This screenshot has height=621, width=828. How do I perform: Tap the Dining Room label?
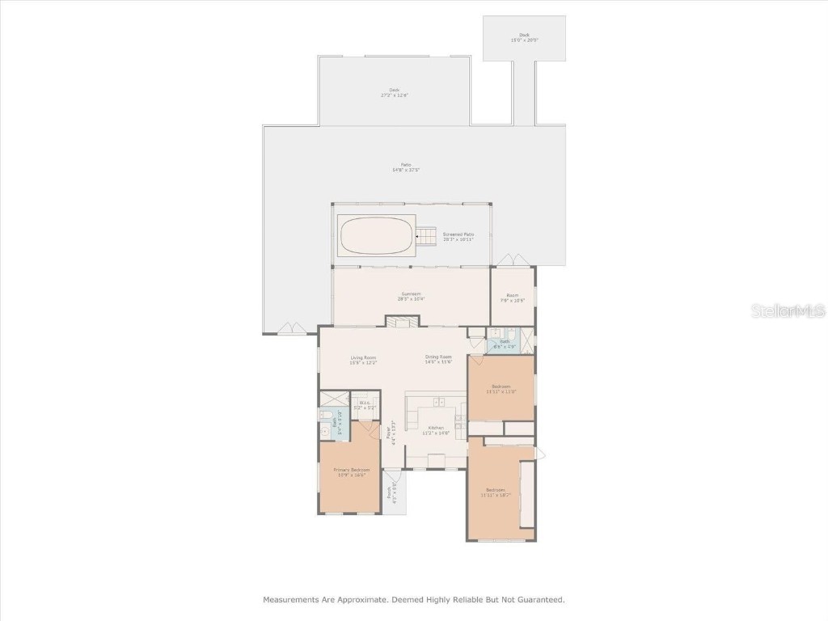pos(438,359)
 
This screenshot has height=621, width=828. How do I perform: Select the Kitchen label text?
pos(436,429)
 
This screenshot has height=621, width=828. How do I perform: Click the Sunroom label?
pos(412,296)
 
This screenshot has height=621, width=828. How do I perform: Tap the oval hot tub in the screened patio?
pos(376,235)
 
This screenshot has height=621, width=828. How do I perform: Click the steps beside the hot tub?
pos(425,237)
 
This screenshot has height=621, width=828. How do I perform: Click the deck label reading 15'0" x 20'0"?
pos(524,37)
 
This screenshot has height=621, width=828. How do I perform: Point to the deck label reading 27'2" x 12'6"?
pos(395,92)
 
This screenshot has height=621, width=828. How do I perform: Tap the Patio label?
pos(406,167)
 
